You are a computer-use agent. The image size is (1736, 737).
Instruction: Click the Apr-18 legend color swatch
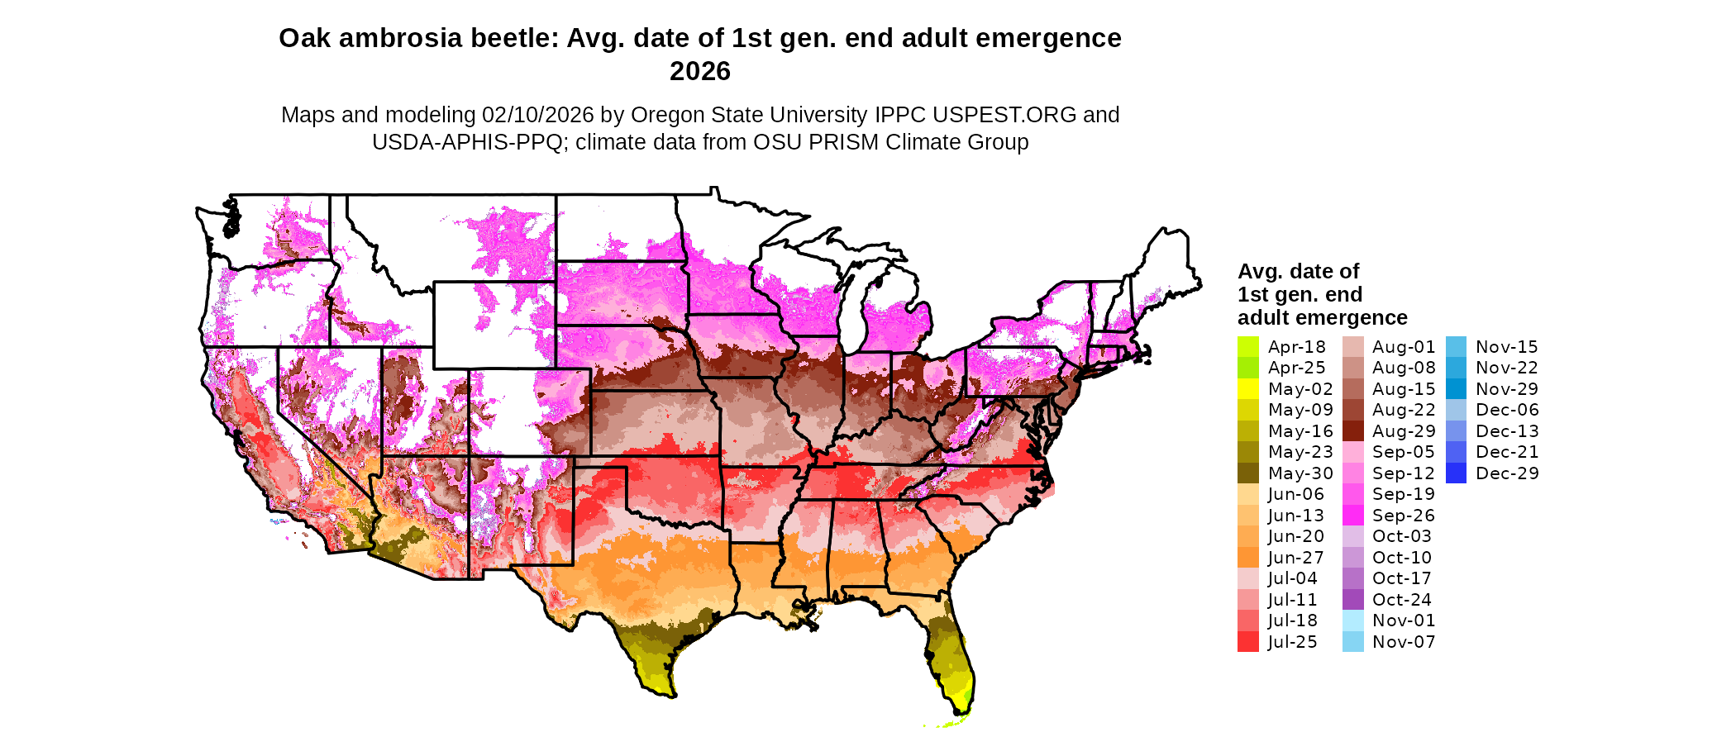(1247, 347)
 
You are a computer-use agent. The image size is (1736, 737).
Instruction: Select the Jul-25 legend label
(1293, 642)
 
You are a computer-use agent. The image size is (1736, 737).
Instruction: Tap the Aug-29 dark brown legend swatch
(1352, 431)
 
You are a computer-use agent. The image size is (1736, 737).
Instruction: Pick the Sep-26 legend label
(1404, 516)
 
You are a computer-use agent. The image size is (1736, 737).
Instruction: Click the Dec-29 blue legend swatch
(1456, 473)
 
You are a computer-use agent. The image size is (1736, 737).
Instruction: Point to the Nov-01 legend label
(1404, 621)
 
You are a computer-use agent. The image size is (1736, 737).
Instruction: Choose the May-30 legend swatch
(1247, 473)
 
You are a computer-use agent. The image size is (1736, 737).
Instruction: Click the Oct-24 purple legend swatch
(1352, 600)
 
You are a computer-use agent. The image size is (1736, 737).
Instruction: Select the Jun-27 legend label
(1295, 558)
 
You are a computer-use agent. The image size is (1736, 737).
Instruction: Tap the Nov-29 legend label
(1506, 389)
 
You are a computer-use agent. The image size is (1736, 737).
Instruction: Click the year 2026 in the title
(699, 72)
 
